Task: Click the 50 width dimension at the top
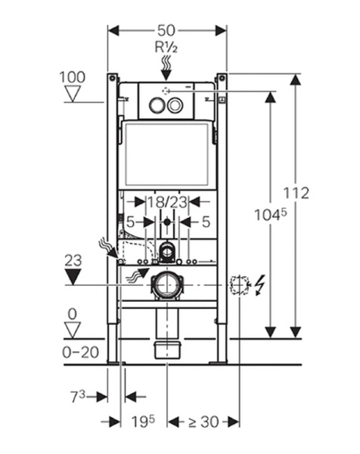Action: (166, 30)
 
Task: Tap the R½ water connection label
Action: (166, 48)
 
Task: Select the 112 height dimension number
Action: (296, 193)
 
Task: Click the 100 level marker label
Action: (73, 77)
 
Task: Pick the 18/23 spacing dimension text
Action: (167, 202)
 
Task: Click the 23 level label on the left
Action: (73, 260)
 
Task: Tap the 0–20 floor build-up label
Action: (81, 353)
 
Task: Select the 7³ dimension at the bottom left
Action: (78, 396)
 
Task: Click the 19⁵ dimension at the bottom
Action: (143, 421)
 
